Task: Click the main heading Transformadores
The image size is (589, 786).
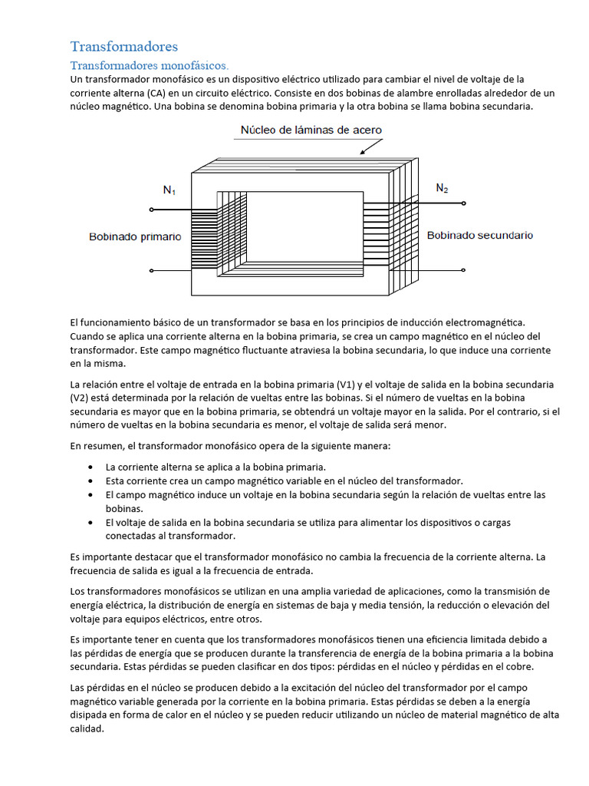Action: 124,47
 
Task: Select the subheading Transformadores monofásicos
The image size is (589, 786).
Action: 150,65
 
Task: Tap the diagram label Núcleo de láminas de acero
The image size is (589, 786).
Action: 311,130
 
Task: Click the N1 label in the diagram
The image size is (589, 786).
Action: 169,190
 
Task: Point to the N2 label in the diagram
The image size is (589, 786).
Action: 442,187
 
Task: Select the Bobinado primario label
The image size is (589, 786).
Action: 135,237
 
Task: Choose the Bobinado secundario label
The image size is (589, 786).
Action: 479,235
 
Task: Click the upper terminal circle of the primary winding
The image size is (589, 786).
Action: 151,209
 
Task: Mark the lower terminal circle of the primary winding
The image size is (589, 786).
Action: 151,270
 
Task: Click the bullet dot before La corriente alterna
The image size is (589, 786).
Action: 91,467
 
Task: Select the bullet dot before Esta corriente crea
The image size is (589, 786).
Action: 91,481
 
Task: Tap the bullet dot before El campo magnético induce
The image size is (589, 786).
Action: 91,494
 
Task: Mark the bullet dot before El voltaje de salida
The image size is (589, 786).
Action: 91,522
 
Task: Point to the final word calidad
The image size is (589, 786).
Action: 86,729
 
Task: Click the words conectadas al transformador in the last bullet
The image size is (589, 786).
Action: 169,536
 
